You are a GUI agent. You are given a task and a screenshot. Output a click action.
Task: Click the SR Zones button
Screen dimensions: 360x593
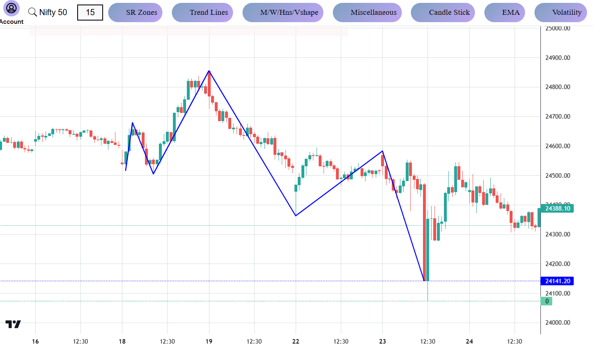click(x=135, y=12)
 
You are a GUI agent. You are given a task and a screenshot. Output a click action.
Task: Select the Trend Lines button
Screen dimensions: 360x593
click(x=202, y=12)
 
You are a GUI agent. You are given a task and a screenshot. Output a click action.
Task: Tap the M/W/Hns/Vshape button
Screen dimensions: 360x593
click(x=283, y=12)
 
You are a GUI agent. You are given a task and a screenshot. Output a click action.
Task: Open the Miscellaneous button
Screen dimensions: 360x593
click(x=367, y=12)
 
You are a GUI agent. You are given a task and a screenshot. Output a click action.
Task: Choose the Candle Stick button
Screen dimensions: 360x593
click(x=443, y=12)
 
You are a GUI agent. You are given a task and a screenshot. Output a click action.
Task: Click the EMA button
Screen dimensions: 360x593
click(x=505, y=12)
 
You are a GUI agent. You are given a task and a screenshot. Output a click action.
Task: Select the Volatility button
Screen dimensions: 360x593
click(x=561, y=12)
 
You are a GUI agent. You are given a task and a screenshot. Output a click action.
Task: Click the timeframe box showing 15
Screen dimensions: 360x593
click(x=90, y=12)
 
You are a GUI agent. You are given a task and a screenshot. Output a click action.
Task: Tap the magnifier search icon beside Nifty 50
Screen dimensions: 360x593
click(x=32, y=12)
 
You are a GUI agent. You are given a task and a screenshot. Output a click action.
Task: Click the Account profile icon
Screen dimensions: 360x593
click(x=11, y=8)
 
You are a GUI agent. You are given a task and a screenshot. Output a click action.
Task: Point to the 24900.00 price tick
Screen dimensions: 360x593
click(x=557, y=58)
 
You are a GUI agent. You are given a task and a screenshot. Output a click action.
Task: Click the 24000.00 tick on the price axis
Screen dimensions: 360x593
click(x=557, y=323)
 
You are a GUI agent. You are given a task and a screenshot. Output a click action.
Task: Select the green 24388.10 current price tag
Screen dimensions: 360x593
click(x=557, y=209)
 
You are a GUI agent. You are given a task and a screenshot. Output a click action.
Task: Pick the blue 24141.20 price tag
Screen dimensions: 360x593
click(x=557, y=281)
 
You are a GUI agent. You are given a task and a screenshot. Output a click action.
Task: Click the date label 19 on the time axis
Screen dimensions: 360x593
click(x=209, y=342)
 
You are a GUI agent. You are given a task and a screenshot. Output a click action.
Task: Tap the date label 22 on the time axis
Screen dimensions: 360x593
click(x=296, y=342)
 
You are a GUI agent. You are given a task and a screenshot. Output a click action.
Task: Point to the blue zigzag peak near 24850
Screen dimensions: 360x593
click(x=209, y=71)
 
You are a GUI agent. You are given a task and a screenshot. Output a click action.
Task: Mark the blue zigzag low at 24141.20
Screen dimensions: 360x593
click(x=424, y=281)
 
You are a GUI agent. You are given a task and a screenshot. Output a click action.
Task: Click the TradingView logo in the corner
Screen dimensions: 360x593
click(x=13, y=324)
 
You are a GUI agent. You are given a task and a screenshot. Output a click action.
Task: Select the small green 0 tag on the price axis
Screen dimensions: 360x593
click(x=547, y=301)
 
